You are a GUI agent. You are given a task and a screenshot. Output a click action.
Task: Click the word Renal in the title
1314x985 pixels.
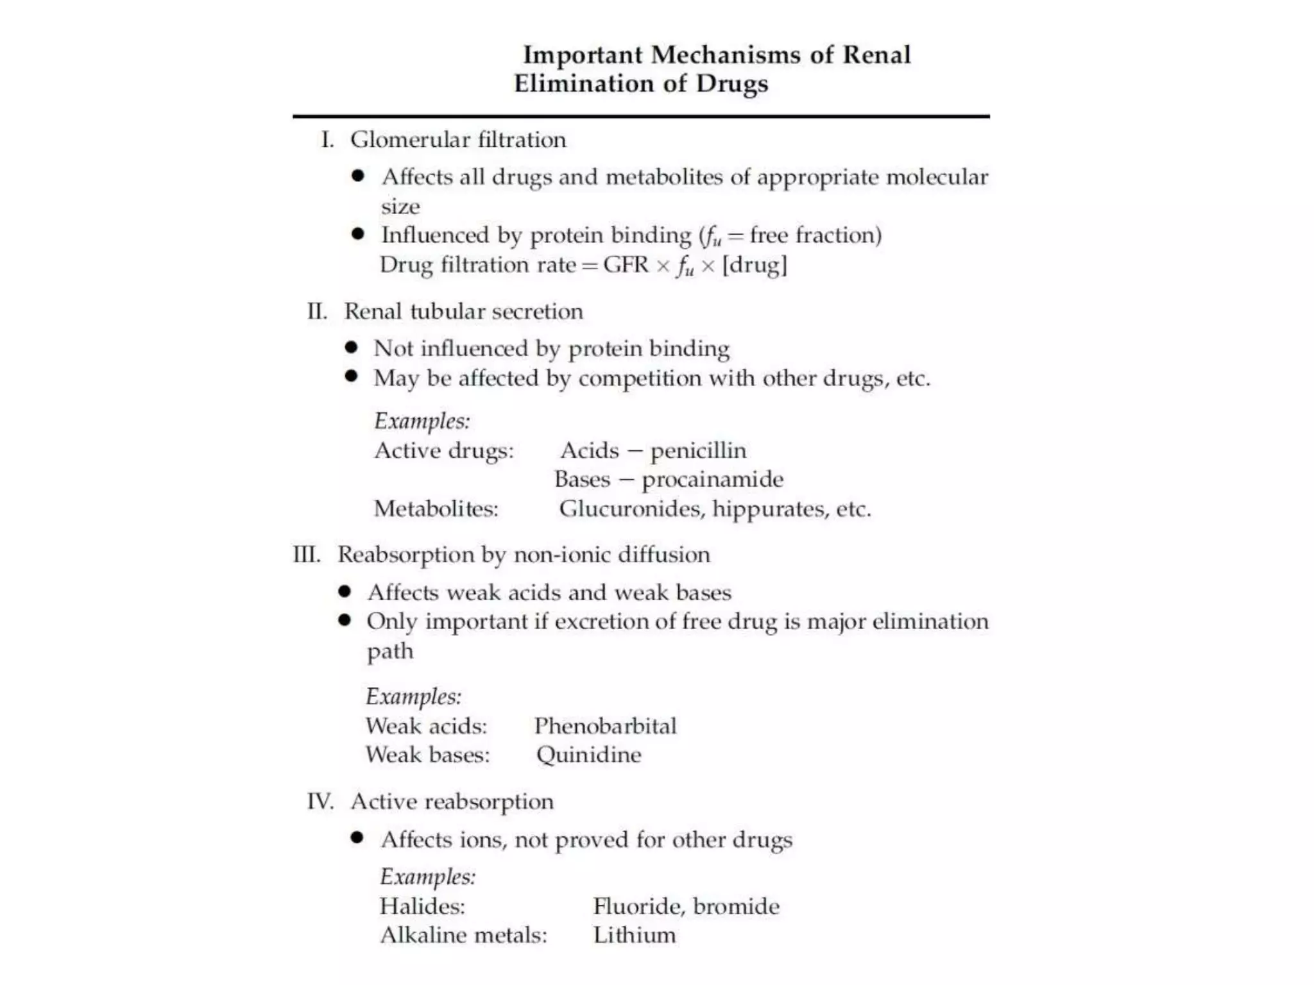pyautogui.click(x=876, y=55)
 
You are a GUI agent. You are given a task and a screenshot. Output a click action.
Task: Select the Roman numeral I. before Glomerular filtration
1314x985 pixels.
pyautogui.click(x=327, y=140)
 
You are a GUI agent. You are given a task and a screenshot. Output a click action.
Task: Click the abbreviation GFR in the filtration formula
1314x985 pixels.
pyautogui.click(x=626, y=265)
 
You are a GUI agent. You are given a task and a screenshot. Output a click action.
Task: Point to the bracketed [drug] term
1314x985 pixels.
pyautogui.click(x=755, y=265)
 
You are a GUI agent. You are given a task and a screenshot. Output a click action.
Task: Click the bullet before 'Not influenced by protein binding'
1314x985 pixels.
pyautogui.click(x=351, y=348)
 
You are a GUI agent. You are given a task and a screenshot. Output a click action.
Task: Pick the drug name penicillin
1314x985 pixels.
pyautogui.click(x=699, y=451)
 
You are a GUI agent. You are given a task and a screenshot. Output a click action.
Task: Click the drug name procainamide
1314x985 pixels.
pyautogui.click(x=712, y=480)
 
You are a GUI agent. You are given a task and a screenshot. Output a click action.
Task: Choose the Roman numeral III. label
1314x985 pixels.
pyautogui.click(x=307, y=555)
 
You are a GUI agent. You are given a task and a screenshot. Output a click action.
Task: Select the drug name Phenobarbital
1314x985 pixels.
pyautogui.click(x=605, y=726)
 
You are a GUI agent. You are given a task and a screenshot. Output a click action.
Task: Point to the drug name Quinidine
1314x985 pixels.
pyautogui.click(x=588, y=755)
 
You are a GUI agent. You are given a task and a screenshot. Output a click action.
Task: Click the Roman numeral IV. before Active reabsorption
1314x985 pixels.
pyautogui.click(x=320, y=802)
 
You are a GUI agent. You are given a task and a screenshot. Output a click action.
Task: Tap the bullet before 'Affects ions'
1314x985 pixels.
pyautogui.click(x=357, y=838)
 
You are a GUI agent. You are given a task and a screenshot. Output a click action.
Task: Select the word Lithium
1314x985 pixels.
pyautogui.click(x=634, y=936)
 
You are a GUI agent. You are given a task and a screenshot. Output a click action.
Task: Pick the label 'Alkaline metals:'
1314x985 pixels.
pyautogui.click(x=463, y=936)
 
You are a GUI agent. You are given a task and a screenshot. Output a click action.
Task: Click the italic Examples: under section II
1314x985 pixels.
pyautogui.click(x=422, y=421)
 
